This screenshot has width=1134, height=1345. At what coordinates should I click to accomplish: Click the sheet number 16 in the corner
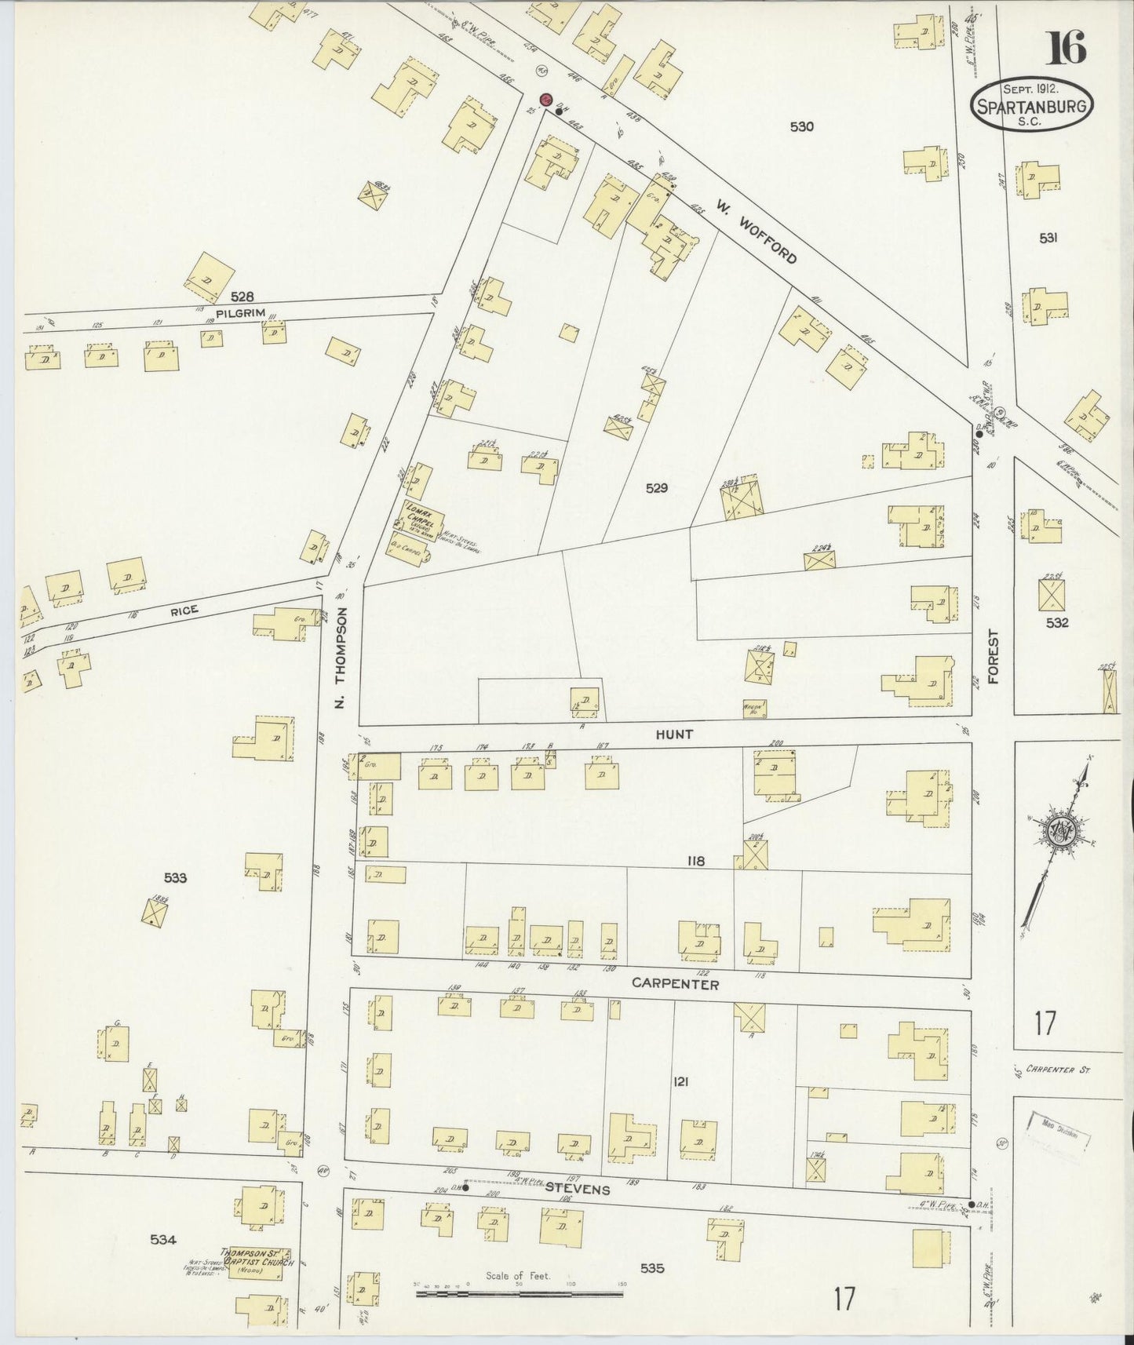click(x=1067, y=49)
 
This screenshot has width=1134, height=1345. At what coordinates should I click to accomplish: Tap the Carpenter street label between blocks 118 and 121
click(x=676, y=983)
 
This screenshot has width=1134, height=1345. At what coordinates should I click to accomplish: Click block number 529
click(x=656, y=487)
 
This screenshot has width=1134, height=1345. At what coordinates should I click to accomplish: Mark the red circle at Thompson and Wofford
click(x=545, y=99)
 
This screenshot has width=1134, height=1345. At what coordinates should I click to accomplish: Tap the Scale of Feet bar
click(x=518, y=1291)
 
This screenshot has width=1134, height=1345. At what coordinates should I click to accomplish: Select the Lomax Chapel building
click(x=422, y=518)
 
